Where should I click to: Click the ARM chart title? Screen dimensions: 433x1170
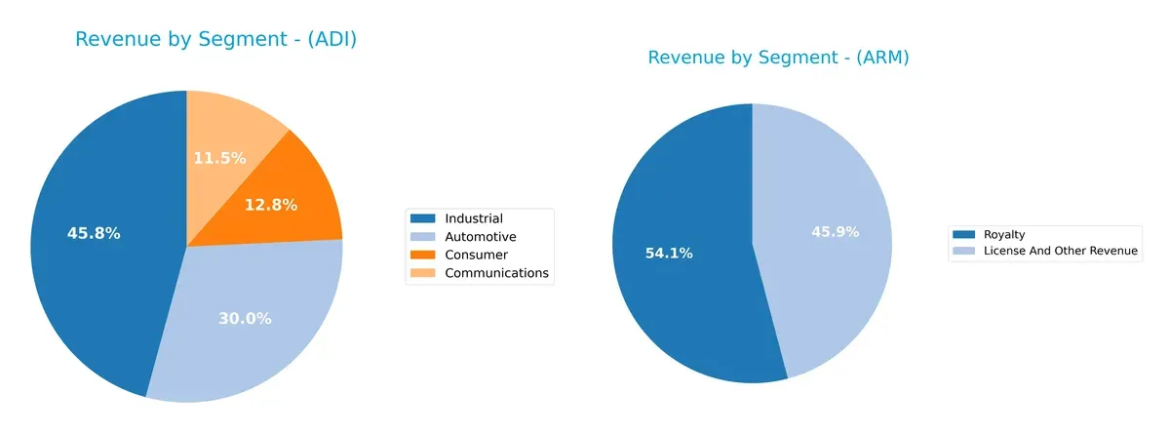coord(778,58)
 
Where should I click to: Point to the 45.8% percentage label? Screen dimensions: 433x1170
coord(94,234)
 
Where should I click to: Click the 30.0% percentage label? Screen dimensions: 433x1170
coord(245,319)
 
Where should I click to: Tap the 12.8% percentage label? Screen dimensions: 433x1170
coord(270,205)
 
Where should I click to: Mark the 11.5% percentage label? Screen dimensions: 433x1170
coord(219,158)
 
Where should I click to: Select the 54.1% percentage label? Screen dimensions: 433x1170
coord(669,254)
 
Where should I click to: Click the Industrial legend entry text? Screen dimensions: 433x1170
coord(473,218)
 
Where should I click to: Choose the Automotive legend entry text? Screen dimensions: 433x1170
coord(480,237)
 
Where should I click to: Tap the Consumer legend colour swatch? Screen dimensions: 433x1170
coord(423,256)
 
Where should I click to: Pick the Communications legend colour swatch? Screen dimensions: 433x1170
coord(423,274)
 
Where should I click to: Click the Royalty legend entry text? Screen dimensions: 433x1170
coord(1004,234)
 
